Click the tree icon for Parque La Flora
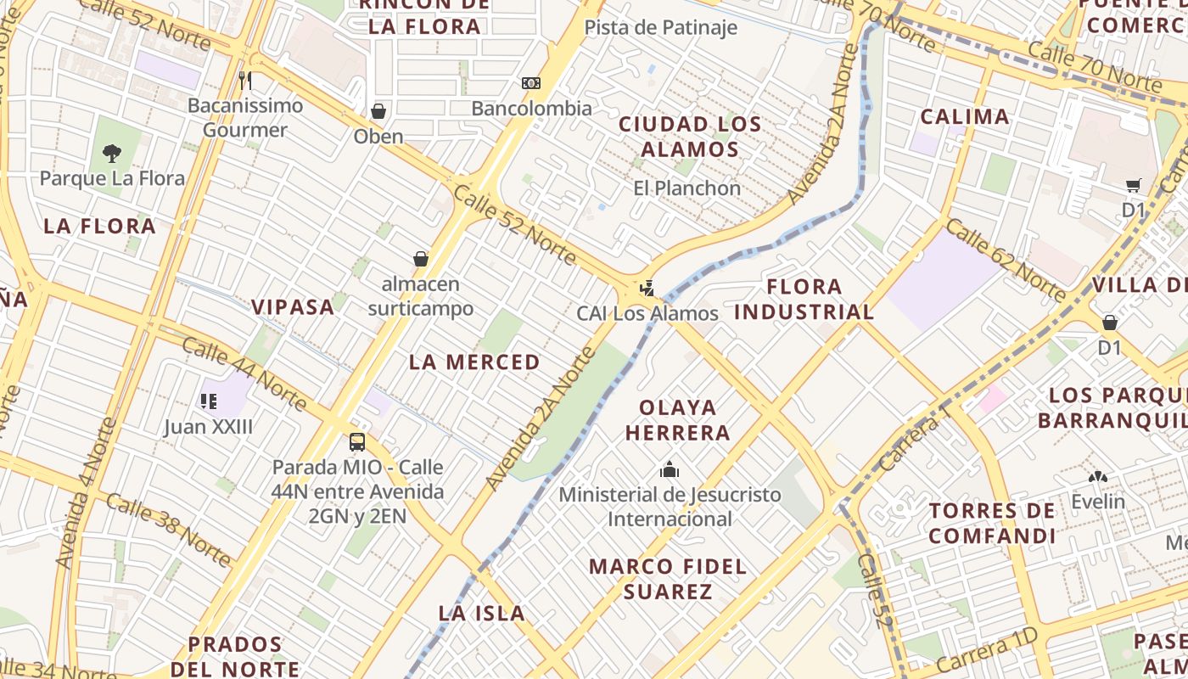(111, 154)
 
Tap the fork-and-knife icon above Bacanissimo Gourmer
(245, 81)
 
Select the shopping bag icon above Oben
(378, 111)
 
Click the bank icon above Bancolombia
(531, 83)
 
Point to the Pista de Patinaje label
(661, 27)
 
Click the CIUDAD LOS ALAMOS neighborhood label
(690, 136)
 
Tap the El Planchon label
(687, 188)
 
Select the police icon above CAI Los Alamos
(647, 289)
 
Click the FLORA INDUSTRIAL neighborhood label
(804, 299)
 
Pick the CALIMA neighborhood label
(965, 116)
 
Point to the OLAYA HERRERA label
(677, 419)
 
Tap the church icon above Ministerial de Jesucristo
(670, 469)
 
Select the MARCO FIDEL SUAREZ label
(668, 578)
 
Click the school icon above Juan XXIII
(209, 401)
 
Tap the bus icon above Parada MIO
(357, 441)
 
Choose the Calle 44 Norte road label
(244, 373)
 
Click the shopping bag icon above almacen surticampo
(421, 259)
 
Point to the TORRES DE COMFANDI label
(992, 523)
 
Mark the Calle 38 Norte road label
(170, 530)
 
